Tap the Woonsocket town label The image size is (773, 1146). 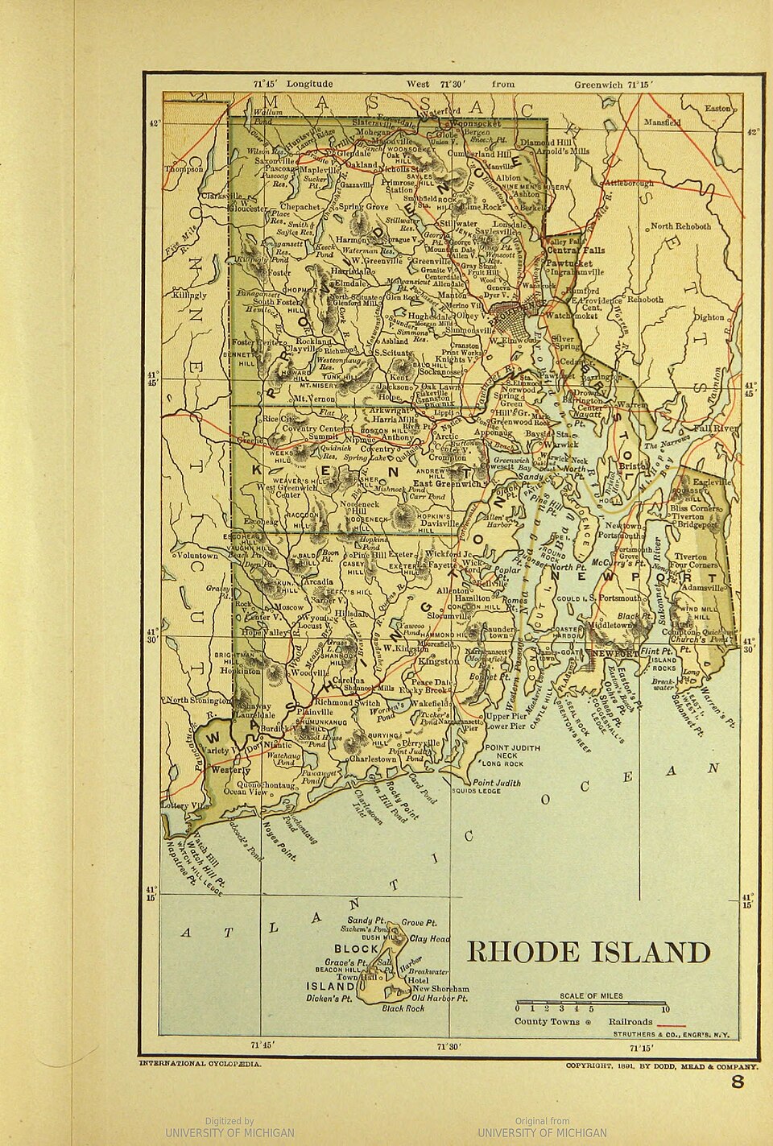[x=477, y=124]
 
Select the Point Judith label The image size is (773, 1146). [x=497, y=782]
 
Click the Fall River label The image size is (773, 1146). [x=718, y=428]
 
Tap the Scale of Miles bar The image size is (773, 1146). [x=592, y=1003]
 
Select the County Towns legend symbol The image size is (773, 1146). [x=588, y=1022]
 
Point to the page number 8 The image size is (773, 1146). [x=738, y=1082]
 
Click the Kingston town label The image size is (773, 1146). [x=439, y=661]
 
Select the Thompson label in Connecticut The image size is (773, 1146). [x=184, y=169]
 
